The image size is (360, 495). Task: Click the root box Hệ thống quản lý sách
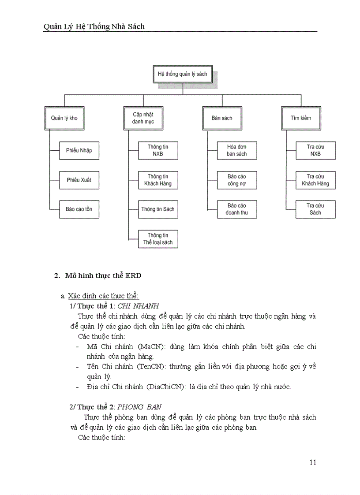point(182,74)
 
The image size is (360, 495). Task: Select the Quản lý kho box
point(64,118)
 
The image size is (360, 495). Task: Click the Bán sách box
point(221,118)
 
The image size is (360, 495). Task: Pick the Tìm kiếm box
point(300,118)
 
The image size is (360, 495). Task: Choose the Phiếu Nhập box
point(79,150)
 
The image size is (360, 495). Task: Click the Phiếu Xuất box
point(79,180)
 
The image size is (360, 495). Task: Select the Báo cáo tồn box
point(79,209)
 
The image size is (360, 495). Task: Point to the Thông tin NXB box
point(158,150)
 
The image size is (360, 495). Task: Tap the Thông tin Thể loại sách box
point(158,238)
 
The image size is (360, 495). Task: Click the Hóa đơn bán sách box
point(237,150)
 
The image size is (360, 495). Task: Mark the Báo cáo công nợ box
point(237,180)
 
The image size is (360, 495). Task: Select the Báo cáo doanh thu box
point(237,209)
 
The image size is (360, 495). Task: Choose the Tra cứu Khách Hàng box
point(315,180)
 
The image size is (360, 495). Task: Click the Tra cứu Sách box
point(315,209)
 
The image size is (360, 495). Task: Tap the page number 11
point(312,462)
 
